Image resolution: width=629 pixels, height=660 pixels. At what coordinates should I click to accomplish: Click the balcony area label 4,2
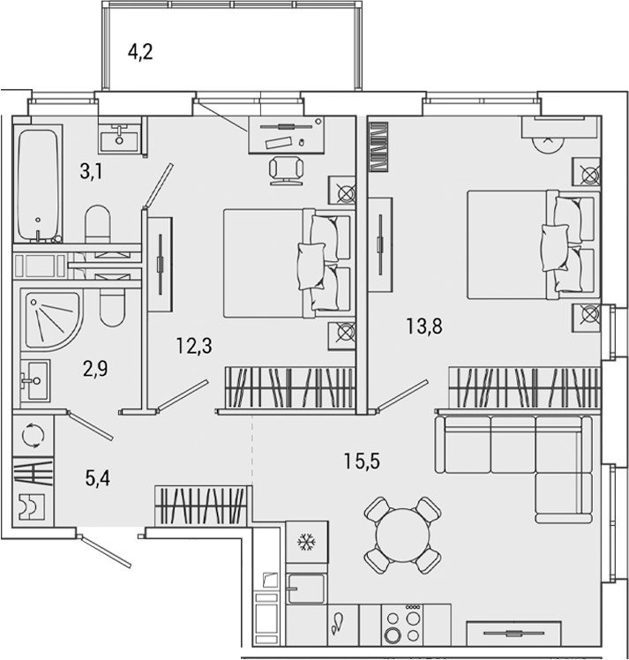point(140,51)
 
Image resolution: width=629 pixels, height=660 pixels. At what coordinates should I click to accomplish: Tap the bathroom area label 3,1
point(91,171)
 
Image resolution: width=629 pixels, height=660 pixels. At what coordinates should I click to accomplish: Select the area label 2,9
point(96,368)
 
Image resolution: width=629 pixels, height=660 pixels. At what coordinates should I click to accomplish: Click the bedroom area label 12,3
point(192,345)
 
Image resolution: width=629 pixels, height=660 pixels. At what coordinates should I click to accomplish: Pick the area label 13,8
point(423,326)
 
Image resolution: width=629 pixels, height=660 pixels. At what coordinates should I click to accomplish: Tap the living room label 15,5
point(362,460)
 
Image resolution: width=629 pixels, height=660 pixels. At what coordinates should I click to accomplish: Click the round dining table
point(403,535)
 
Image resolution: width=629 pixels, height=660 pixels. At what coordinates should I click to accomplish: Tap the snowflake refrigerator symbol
point(306,541)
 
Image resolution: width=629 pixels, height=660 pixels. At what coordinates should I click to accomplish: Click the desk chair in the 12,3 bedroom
point(287,169)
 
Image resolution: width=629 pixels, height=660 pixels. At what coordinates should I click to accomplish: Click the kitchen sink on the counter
point(306,585)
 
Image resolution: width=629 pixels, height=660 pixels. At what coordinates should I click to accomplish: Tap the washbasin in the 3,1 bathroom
point(119,138)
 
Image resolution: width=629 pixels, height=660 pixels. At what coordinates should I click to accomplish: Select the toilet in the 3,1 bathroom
point(97,222)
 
